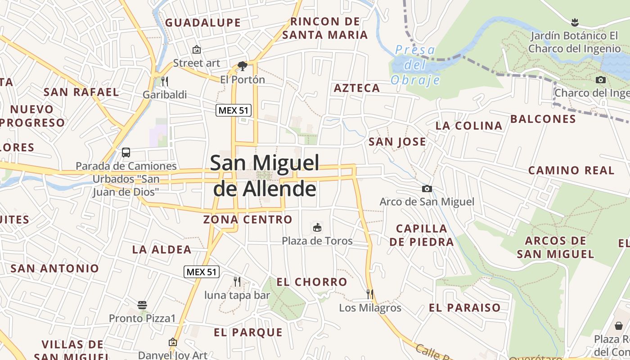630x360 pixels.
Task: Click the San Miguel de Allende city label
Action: [x=265, y=176]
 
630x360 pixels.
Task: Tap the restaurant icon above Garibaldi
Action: [x=165, y=81]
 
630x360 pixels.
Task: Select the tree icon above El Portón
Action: [x=243, y=66]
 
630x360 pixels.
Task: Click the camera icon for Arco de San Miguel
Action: [x=427, y=189]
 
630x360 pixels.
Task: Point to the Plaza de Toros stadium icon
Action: [x=317, y=227]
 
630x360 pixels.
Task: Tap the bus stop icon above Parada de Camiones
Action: [x=126, y=153]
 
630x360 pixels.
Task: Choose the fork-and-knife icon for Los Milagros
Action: [x=370, y=294]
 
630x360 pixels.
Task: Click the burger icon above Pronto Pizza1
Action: [x=142, y=305]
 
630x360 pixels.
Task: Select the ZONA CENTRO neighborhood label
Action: [x=247, y=220]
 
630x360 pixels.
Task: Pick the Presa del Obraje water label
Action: [x=415, y=65]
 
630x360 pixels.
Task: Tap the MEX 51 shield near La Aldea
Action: [x=202, y=272]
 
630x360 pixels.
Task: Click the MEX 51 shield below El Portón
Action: [x=233, y=110]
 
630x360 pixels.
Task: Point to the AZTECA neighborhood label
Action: [x=357, y=88]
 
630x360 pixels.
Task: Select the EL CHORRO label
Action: [x=312, y=282]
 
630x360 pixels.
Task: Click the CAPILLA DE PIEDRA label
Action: [x=422, y=235]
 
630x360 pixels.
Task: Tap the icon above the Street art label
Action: [x=196, y=49]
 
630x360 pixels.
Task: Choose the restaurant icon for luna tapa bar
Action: [x=237, y=282]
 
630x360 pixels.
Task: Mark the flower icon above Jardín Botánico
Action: [x=574, y=22]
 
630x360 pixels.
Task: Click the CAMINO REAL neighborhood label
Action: [x=571, y=171]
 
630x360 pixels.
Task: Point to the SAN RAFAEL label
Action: [x=81, y=92]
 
